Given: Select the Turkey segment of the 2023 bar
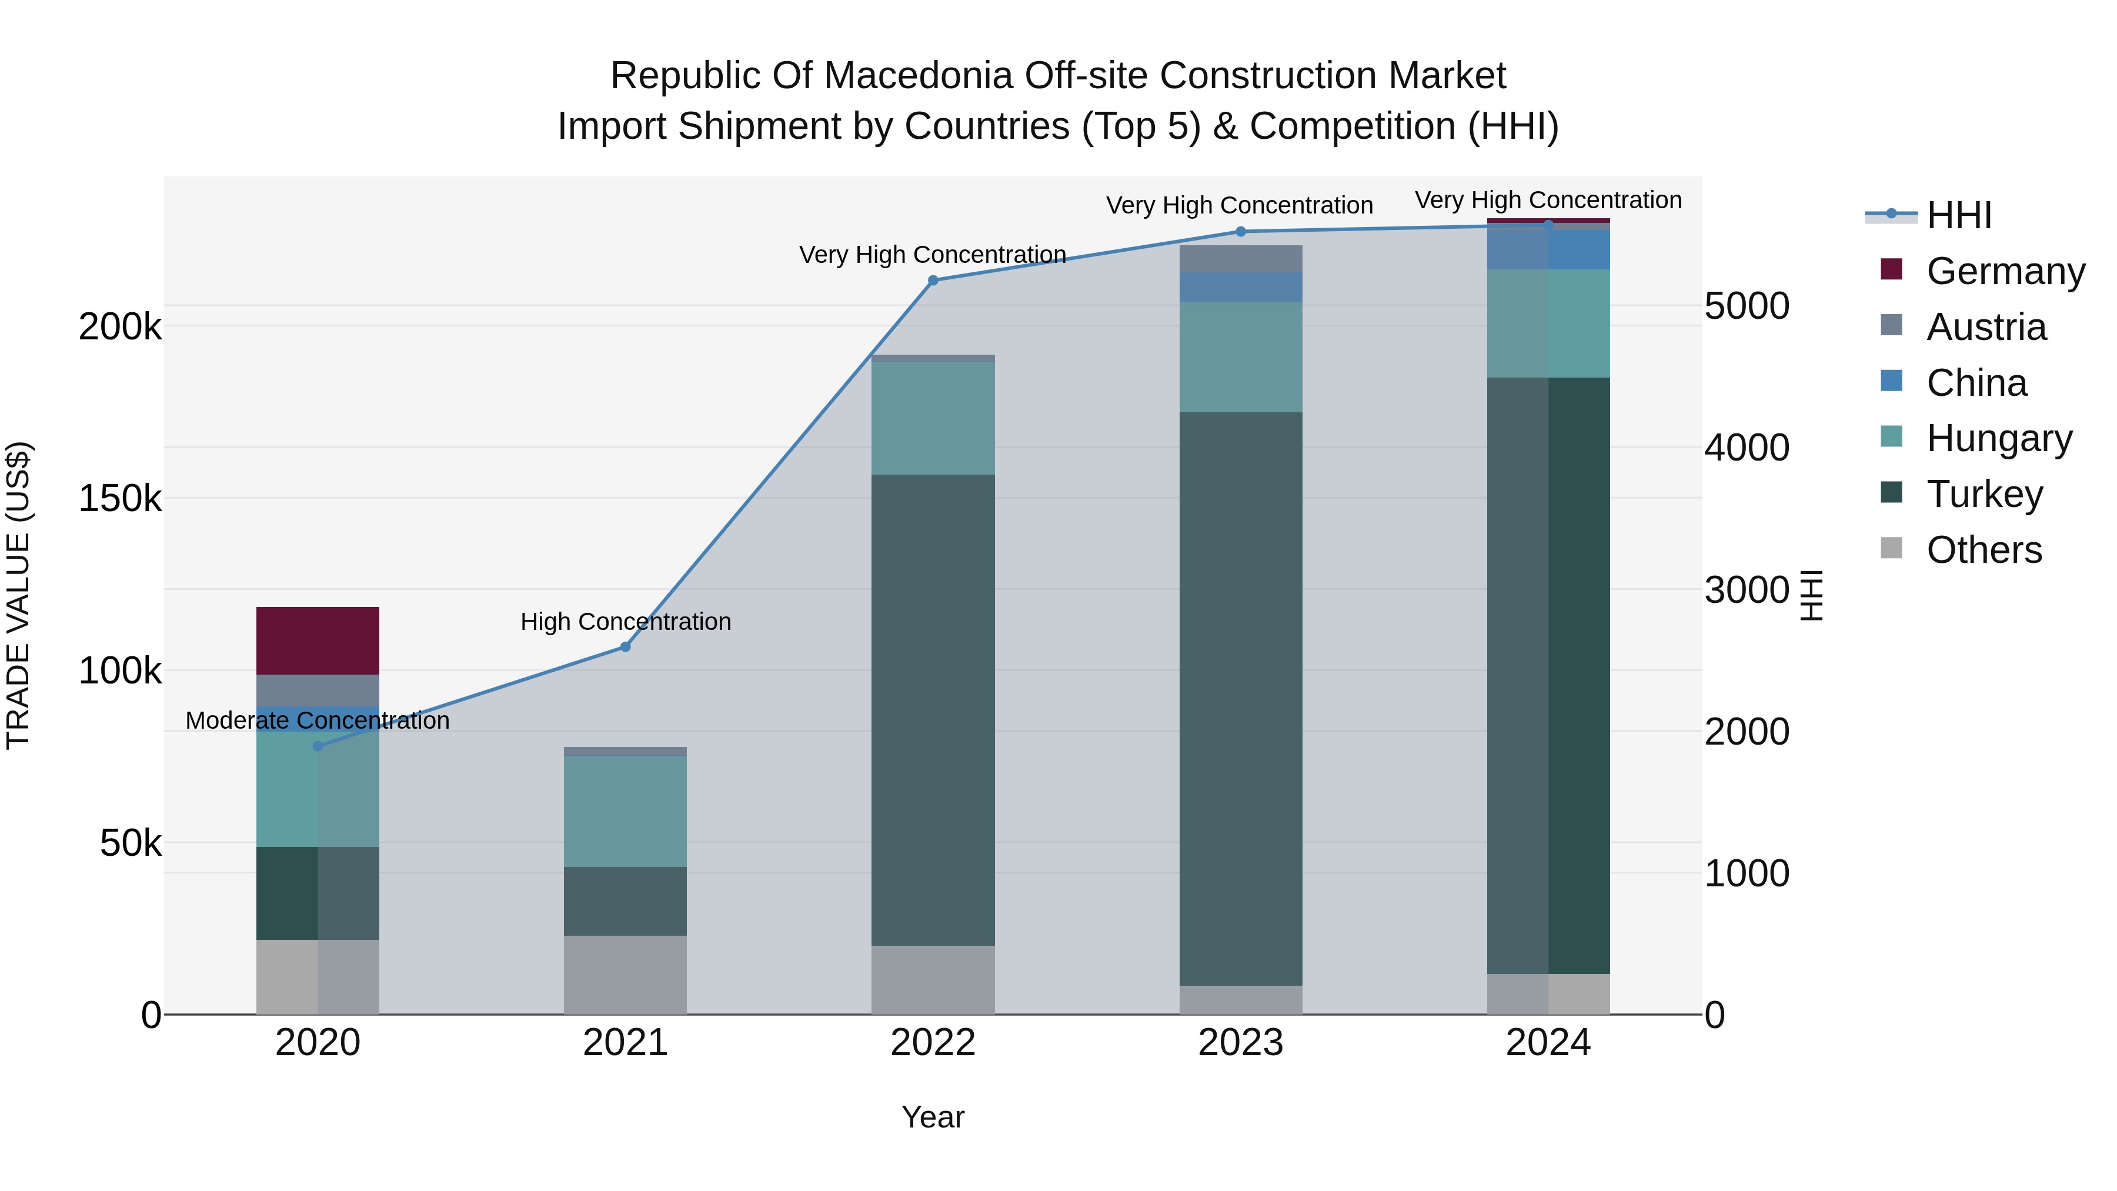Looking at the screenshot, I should tap(1240, 699).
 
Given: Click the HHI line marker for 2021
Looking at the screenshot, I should tap(626, 647).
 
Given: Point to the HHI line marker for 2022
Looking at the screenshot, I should tap(933, 281).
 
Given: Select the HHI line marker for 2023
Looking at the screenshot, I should tap(1241, 232).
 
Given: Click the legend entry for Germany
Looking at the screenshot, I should tap(2005, 271).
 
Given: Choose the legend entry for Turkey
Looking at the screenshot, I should tap(1984, 494).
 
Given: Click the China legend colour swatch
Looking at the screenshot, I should tap(1891, 381).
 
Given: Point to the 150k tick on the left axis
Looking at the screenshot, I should tap(120, 499).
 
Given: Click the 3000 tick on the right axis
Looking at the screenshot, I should tap(1745, 590).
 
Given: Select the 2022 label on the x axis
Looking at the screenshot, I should tap(933, 1043).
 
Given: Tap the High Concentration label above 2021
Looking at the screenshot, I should tap(626, 622).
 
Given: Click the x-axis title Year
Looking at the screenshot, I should tap(933, 1117).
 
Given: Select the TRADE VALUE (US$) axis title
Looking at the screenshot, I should tap(18, 595).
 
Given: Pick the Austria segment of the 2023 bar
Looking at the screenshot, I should tap(1240, 258).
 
